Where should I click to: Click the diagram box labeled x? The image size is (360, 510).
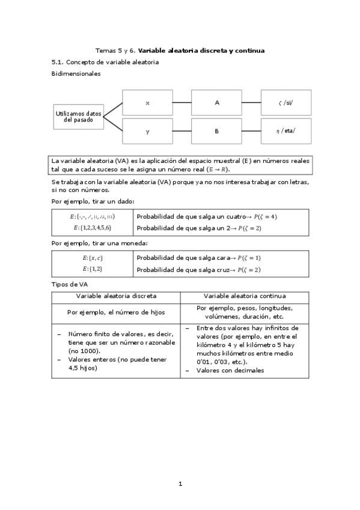148,103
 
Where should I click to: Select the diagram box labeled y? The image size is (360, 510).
148,131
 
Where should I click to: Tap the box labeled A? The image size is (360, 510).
217,103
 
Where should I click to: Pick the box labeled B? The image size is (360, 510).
217,131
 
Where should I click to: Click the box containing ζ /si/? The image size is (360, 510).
286,103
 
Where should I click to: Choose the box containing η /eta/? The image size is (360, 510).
286,131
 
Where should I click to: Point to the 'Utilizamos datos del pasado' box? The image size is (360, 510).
78,116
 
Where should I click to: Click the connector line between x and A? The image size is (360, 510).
182,103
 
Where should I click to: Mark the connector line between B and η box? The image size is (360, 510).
251,131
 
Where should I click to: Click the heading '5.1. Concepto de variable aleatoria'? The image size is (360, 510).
105,62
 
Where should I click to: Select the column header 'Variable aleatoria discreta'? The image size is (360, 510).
116,296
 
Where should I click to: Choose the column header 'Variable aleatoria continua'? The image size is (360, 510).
245,296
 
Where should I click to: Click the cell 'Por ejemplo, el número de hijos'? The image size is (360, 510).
116,312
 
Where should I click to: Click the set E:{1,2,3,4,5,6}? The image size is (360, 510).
93,227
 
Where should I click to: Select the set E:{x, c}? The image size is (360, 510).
93,257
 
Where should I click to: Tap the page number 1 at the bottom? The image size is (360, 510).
180,483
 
